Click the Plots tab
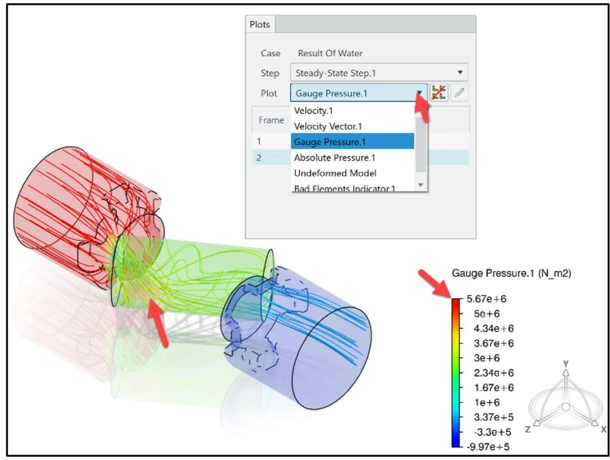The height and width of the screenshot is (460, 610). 260,24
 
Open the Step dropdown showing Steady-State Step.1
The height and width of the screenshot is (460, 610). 379,73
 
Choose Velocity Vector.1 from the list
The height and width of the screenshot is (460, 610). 328,126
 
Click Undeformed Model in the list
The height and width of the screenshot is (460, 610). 326,173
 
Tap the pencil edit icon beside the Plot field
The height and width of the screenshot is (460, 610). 459,93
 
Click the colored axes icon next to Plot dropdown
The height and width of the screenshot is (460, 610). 439,93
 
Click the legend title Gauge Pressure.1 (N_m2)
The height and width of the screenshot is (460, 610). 512,273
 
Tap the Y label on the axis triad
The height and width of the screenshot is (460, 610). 566,364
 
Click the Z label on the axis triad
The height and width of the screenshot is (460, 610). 528,429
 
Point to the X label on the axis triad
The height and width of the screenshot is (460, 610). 603,429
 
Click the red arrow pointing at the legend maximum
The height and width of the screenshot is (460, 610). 433,283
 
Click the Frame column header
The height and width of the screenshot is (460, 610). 271,120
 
